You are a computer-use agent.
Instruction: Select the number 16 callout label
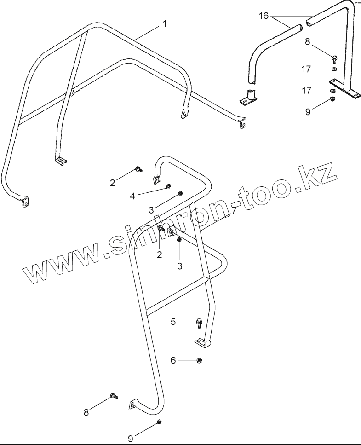pyautogui.click(x=264, y=16)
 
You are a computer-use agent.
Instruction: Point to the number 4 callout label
pyautogui.click(x=132, y=196)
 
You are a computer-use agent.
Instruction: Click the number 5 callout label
pyautogui.click(x=173, y=322)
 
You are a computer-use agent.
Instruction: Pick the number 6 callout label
pyautogui.click(x=173, y=360)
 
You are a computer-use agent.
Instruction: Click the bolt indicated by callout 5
pyautogui.click(x=199, y=323)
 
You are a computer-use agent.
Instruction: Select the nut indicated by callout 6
pyautogui.click(x=199, y=360)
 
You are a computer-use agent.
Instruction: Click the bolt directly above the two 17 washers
pyautogui.click(x=334, y=58)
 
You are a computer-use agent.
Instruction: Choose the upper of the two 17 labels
pyautogui.click(x=307, y=69)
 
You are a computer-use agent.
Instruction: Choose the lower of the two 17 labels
pyautogui.click(x=307, y=91)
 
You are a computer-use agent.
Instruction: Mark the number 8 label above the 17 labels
pyautogui.click(x=308, y=42)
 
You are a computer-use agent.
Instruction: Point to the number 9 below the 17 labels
pyautogui.click(x=308, y=111)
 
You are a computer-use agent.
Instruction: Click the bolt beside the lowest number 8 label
pyautogui.click(x=114, y=395)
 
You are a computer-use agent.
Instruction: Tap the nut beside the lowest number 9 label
pyautogui.click(x=159, y=422)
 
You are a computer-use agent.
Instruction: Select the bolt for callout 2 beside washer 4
pyautogui.click(x=138, y=170)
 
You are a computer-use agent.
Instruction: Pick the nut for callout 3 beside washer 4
pyautogui.click(x=180, y=193)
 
